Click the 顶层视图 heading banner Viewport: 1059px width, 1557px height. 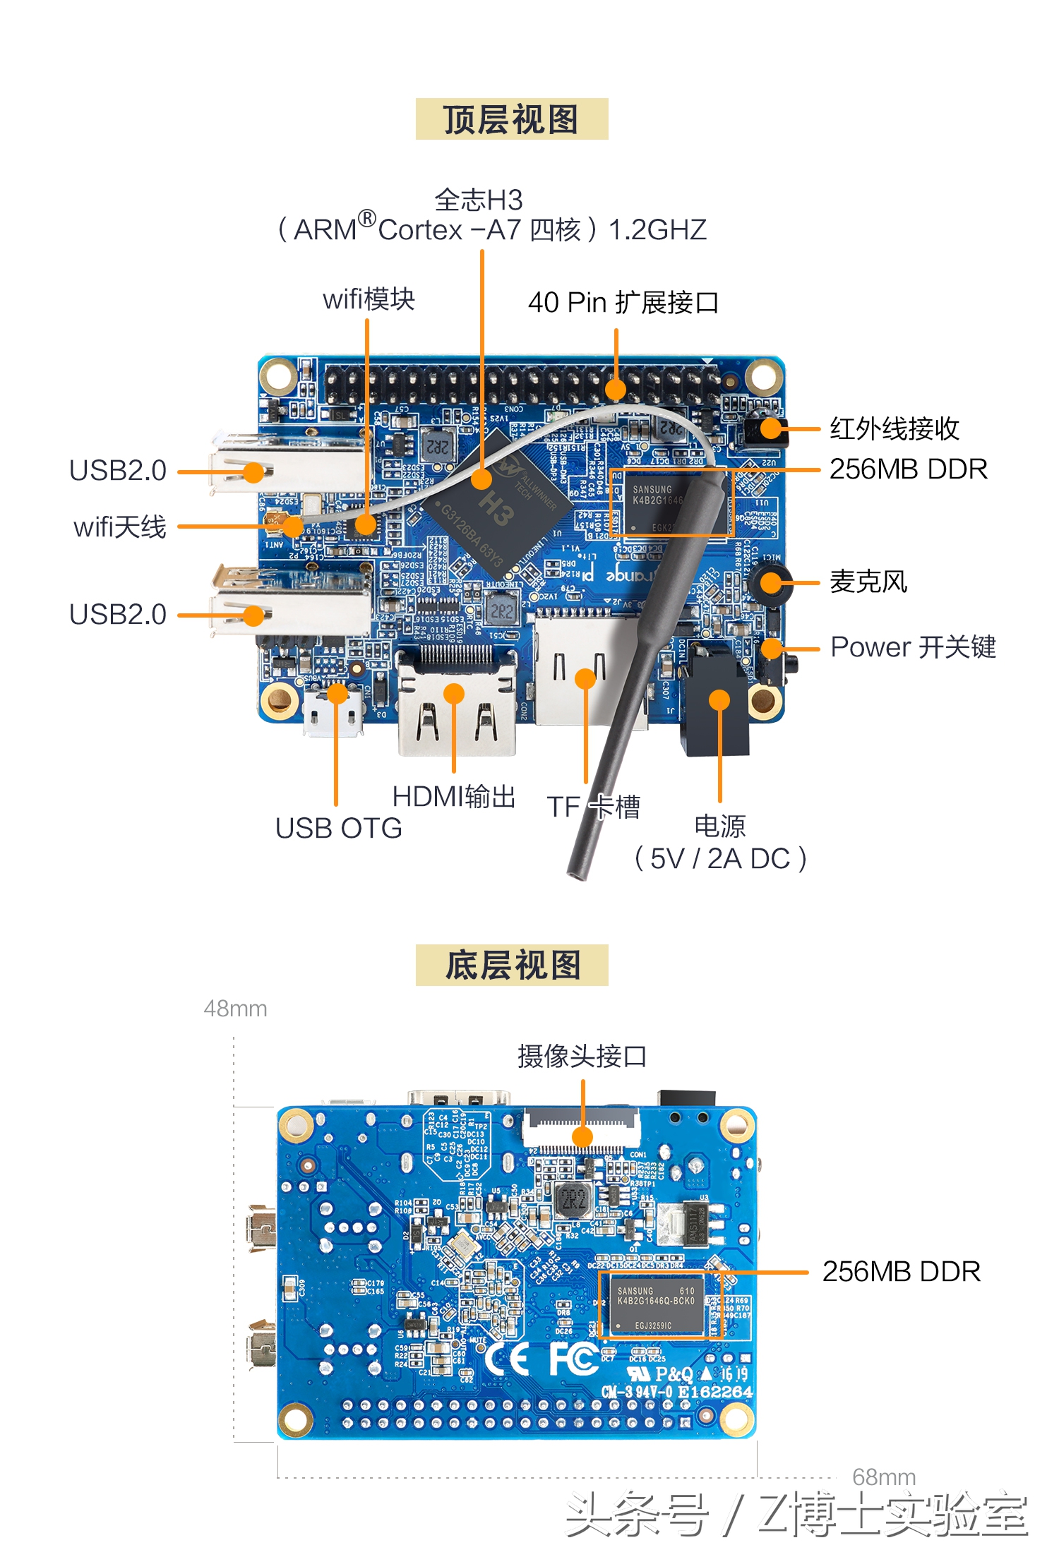[x=511, y=119]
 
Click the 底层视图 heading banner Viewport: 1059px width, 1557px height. [x=511, y=965]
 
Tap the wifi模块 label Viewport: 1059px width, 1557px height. [x=369, y=299]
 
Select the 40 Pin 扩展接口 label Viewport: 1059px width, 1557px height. [x=623, y=302]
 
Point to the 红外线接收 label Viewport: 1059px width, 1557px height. [x=894, y=428]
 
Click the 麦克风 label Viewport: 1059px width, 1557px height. [x=868, y=582]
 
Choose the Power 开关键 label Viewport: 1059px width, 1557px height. [x=912, y=647]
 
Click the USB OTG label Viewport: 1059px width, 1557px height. [x=338, y=828]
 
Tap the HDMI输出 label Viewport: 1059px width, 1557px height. [x=453, y=797]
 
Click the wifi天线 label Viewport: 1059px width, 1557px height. [x=119, y=527]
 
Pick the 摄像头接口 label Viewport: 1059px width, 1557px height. [x=582, y=1056]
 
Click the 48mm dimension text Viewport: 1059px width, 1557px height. [x=235, y=1009]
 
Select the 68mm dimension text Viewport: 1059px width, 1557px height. [x=883, y=1477]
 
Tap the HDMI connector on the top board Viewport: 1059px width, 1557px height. [x=456, y=706]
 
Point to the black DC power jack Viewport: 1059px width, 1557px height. [x=714, y=706]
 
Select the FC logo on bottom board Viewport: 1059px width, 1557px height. [x=573, y=1359]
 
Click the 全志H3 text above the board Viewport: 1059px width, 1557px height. [x=478, y=200]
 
